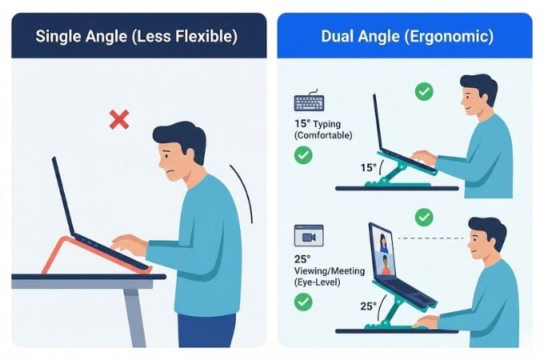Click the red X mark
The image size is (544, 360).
click(x=119, y=121)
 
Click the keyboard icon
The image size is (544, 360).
click(x=308, y=103)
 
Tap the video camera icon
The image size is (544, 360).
click(x=309, y=237)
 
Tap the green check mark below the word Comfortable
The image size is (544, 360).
click(x=303, y=154)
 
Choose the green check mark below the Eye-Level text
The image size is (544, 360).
click(x=303, y=302)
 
